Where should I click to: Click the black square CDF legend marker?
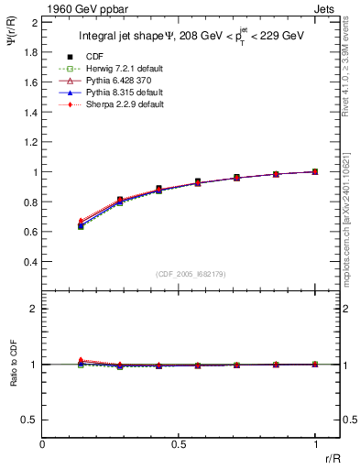(82, 57)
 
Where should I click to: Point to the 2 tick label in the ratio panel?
(34, 309)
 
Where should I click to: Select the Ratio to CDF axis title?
(12, 364)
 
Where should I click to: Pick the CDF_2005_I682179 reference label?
(191, 274)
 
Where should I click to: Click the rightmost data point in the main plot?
(315, 171)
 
